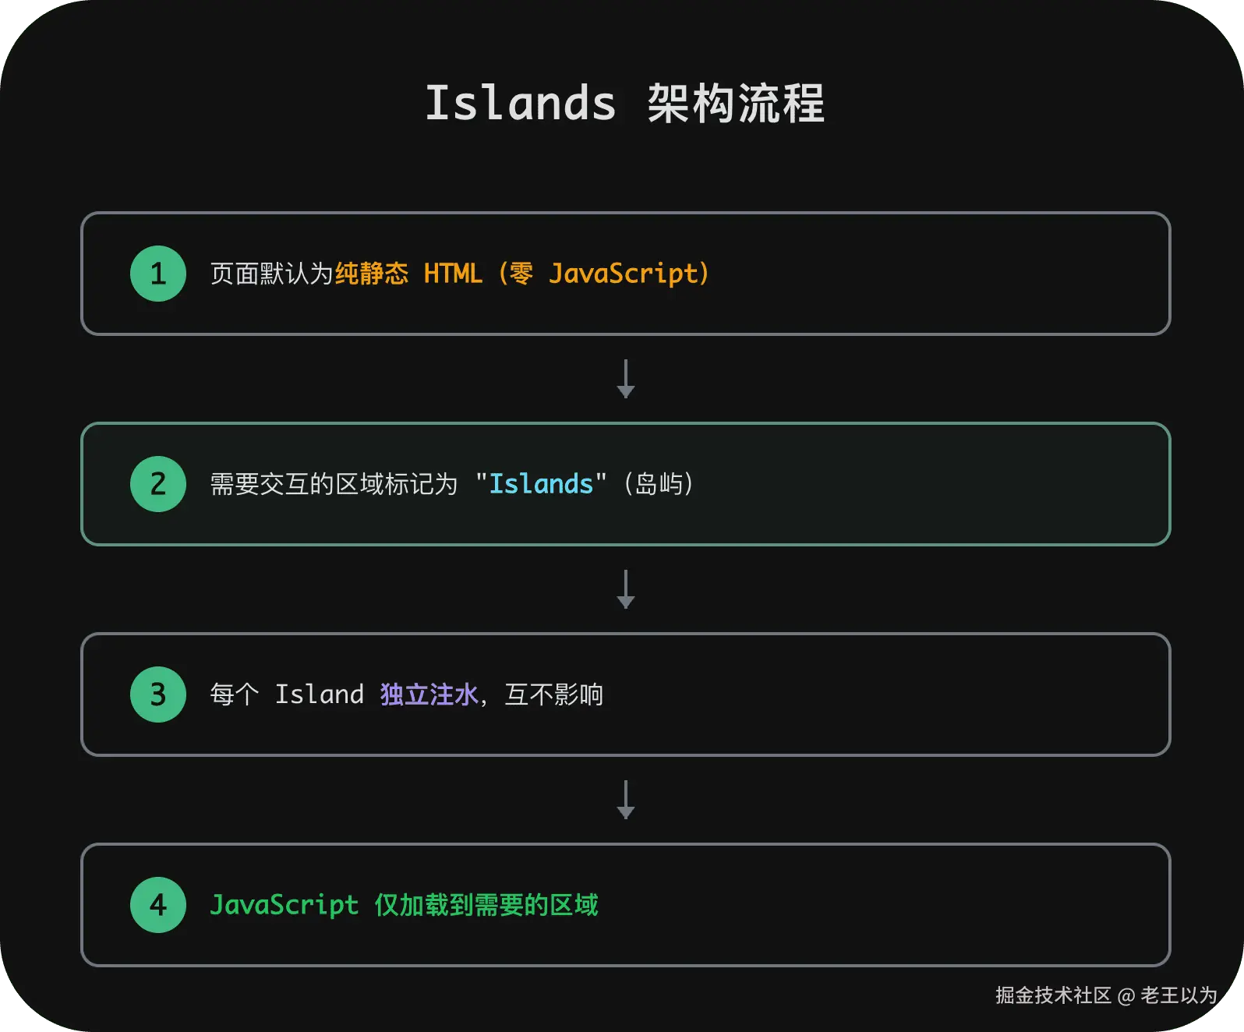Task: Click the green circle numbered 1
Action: pos(158,274)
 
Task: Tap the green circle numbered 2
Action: pos(158,484)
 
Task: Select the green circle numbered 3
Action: pos(158,694)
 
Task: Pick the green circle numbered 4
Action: pos(158,905)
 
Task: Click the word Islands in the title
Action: pos(520,104)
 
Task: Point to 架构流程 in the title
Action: pos(735,104)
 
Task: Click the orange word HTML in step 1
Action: pos(453,274)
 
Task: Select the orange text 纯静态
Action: pos(372,274)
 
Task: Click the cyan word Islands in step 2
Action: pos(541,484)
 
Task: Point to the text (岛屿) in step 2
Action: pos(659,484)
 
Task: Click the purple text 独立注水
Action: pos(429,694)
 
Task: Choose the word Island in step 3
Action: pos(320,694)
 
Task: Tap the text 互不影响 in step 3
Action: pos(554,694)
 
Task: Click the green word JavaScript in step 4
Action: pos(284,905)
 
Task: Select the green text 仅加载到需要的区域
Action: pos(486,905)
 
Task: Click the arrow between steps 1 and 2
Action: pos(625,379)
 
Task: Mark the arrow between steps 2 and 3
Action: pos(625,589)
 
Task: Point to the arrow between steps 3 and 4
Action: pos(625,800)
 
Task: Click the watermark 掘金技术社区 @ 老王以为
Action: pos(1106,995)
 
